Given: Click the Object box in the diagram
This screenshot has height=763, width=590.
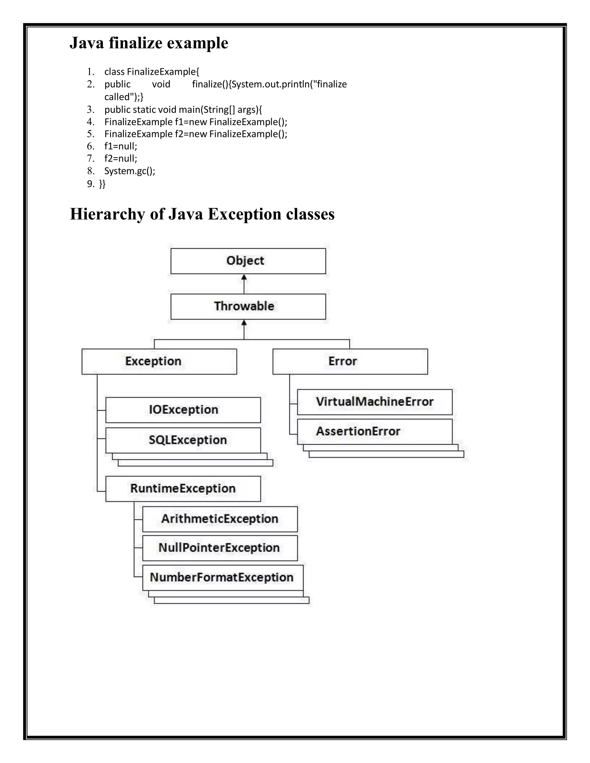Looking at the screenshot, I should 248,261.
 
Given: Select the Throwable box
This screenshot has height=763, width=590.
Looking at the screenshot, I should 248,306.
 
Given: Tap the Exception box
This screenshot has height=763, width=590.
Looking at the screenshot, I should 159,361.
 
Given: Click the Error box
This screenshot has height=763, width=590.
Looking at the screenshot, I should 350,361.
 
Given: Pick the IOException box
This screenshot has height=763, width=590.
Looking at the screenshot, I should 183,410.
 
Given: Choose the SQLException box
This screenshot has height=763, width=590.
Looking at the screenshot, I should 183,440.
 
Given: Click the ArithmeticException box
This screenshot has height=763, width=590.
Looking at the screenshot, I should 220,519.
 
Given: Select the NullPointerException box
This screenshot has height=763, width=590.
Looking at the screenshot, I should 220,548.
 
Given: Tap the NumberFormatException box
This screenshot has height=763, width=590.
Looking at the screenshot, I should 222,578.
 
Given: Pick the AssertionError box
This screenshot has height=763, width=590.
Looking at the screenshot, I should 374,432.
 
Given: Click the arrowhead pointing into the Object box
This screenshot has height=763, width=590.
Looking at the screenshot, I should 244,277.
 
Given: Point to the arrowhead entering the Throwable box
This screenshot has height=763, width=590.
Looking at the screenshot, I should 244,323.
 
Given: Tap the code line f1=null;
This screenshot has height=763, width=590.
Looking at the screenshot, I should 121,146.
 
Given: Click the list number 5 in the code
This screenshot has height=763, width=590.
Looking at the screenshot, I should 90,134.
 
